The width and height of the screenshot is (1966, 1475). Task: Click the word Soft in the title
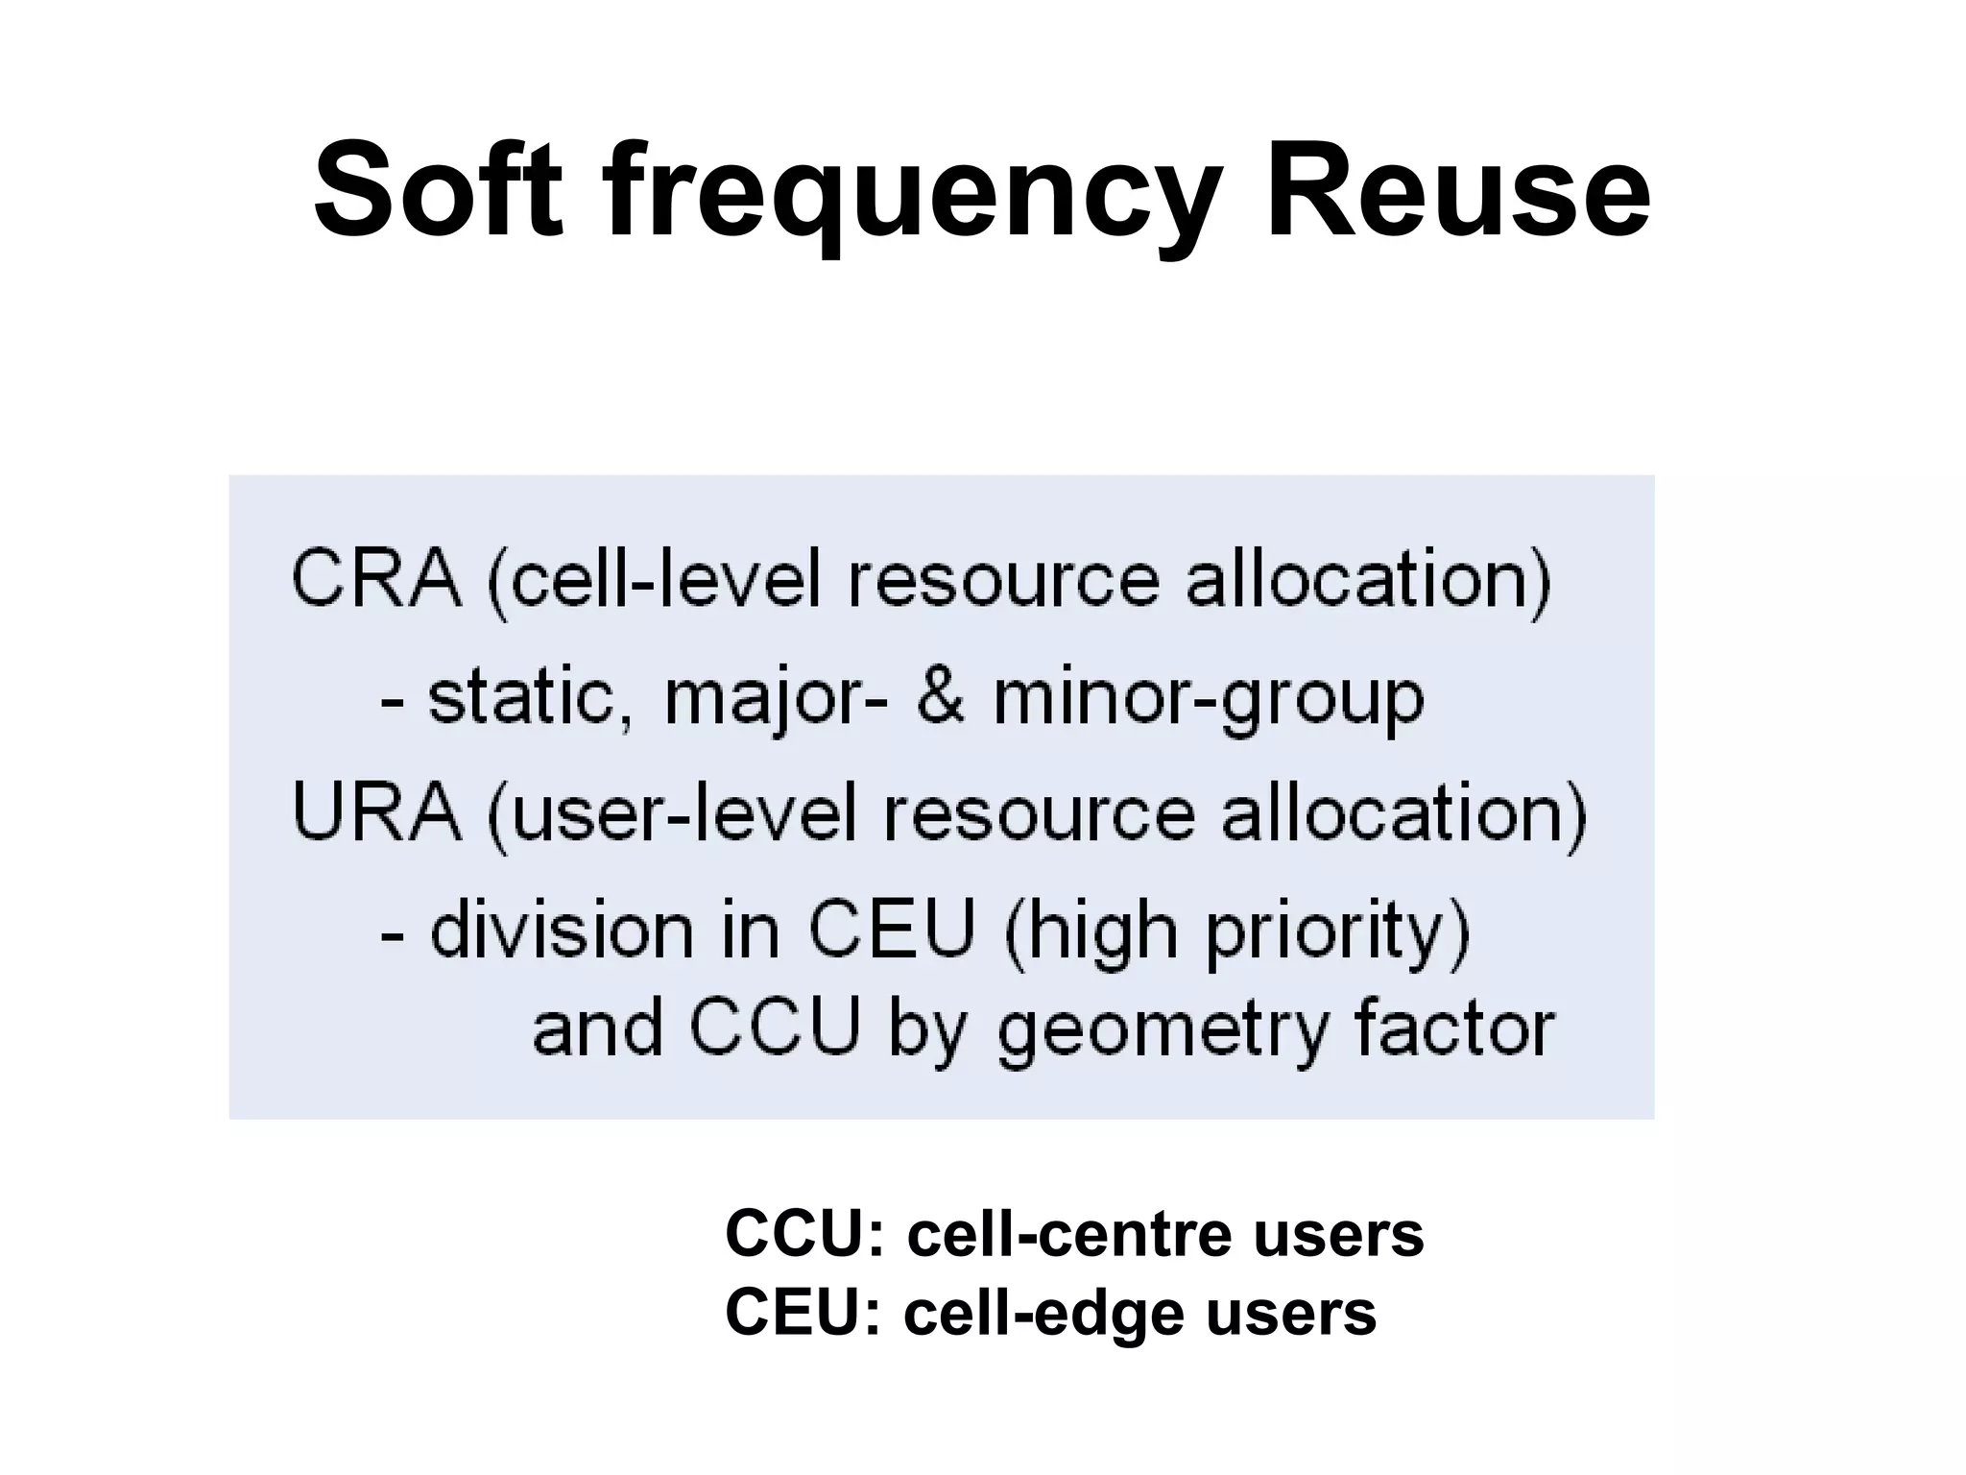point(438,190)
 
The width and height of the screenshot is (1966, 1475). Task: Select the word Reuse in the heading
point(1458,190)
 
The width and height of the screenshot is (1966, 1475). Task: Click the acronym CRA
point(375,578)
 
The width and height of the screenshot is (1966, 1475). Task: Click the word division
point(562,931)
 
